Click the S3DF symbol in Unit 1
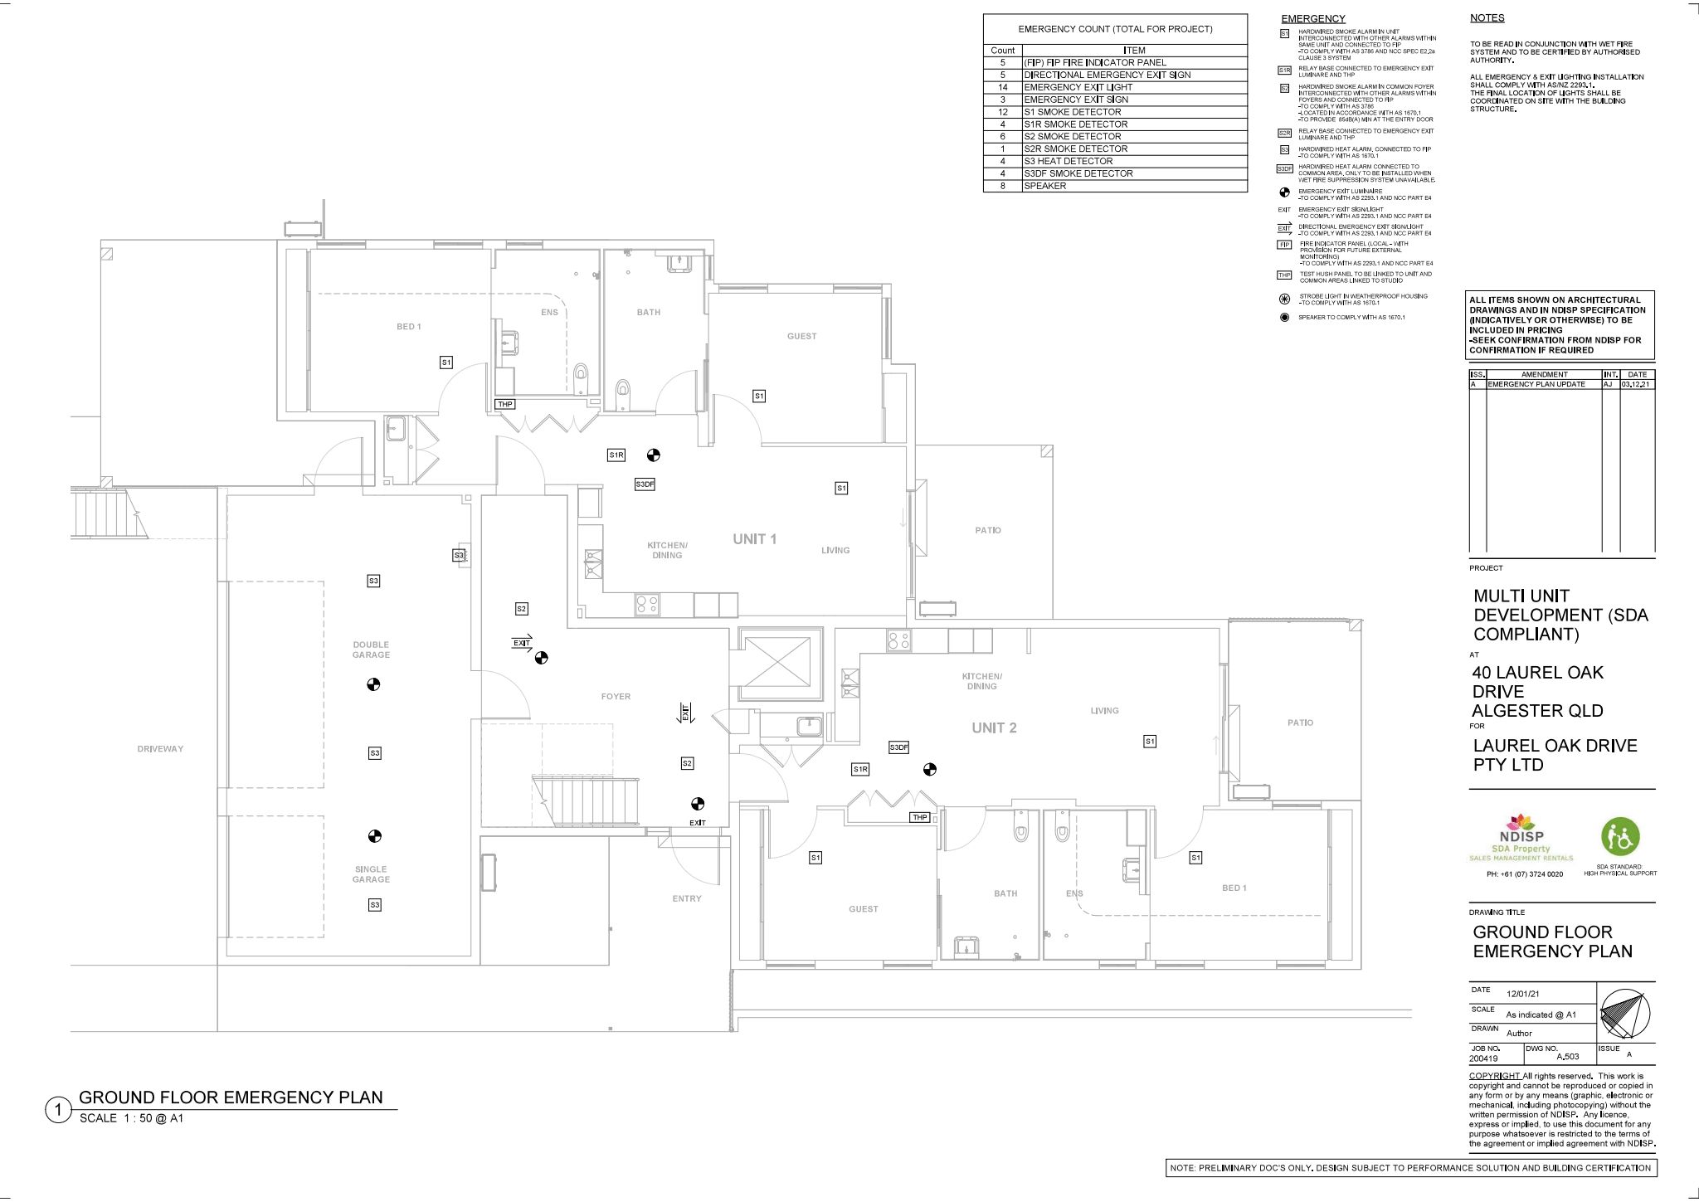(x=645, y=484)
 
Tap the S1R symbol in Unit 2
(x=860, y=770)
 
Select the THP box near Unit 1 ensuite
(x=505, y=404)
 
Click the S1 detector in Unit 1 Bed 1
(x=445, y=363)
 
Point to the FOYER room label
(x=616, y=697)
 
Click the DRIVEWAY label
(x=160, y=749)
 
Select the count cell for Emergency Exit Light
(x=1002, y=87)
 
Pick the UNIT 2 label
(x=994, y=728)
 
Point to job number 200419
(x=1484, y=1058)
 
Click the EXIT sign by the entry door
(x=697, y=823)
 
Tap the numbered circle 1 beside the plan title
(x=59, y=1110)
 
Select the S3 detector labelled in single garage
(x=375, y=905)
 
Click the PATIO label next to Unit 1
(x=987, y=530)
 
